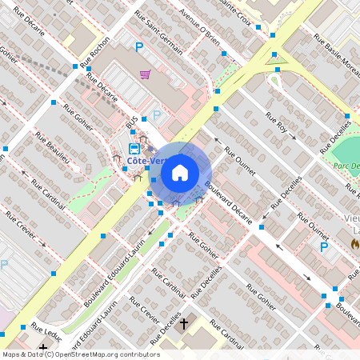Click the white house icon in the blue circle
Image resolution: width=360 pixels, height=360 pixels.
[x=180, y=171]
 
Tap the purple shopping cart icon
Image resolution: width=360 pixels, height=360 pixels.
[x=145, y=74]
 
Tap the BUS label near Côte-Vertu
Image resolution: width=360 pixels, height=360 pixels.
[x=131, y=121]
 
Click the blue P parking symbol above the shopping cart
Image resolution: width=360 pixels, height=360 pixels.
[x=139, y=48]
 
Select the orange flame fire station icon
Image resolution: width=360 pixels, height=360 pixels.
[x=354, y=247]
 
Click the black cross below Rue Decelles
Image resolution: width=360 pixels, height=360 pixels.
[x=184, y=324]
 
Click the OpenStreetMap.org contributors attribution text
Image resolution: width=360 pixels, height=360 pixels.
[x=98, y=354]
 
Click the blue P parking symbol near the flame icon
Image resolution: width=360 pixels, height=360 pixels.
[x=324, y=247]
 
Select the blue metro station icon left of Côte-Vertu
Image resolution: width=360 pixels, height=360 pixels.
[x=135, y=148]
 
